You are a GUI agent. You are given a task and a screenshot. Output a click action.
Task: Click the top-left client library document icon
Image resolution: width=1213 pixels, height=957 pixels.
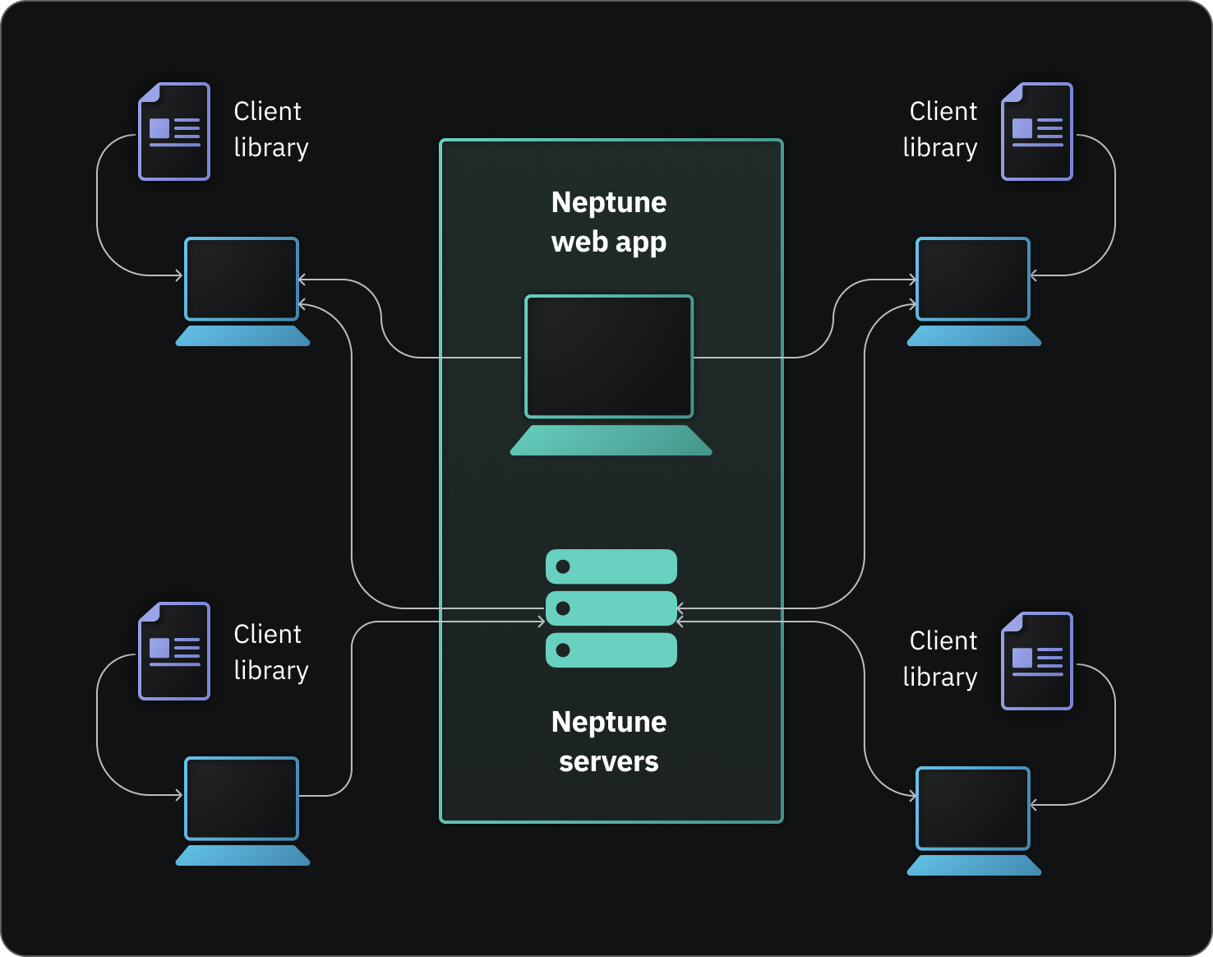(x=174, y=132)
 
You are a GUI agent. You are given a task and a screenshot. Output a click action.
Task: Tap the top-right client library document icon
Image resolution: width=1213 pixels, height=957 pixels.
(x=1037, y=132)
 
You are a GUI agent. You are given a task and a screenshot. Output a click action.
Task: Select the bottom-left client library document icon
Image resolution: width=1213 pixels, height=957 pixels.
(x=174, y=651)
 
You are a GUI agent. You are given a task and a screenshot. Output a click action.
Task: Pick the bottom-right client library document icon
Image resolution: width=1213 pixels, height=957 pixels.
(x=1037, y=661)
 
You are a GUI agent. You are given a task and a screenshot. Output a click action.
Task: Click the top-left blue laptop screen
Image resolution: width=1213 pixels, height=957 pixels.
(x=242, y=279)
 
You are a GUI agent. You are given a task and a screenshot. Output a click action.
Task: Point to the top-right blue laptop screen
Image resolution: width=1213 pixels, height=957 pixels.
(x=973, y=279)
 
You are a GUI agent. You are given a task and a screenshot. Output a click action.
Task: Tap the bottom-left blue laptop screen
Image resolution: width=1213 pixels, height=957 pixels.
(x=242, y=798)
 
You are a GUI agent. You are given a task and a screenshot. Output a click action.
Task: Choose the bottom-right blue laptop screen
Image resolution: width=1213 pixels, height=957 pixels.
(x=973, y=808)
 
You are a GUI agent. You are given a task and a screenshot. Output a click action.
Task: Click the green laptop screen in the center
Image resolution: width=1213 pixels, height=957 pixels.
(x=609, y=357)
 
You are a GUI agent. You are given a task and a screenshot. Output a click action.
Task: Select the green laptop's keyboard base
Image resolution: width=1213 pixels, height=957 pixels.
(x=611, y=441)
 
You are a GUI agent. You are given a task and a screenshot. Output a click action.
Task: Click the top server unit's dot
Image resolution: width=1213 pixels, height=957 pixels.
(x=563, y=566)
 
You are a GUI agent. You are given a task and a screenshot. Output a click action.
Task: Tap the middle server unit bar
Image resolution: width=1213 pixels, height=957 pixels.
(x=611, y=608)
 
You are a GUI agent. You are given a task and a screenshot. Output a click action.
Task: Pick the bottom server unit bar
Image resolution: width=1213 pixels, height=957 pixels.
(x=611, y=650)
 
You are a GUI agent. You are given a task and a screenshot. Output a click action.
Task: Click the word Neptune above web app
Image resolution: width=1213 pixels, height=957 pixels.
(x=609, y=202)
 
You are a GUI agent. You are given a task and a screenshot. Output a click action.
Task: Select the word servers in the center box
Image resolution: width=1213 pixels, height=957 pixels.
(x=609, y=761)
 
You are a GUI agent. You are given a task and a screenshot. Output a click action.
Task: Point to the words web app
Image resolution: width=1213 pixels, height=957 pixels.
(x=609, y=243)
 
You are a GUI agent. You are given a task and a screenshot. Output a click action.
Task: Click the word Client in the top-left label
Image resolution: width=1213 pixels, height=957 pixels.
(x=267, y=111)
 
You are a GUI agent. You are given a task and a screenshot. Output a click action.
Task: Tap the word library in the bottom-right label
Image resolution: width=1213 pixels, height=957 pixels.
(x=940, y=677)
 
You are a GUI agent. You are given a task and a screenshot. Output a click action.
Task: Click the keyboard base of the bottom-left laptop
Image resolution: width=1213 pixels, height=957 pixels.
(x=243, y=856)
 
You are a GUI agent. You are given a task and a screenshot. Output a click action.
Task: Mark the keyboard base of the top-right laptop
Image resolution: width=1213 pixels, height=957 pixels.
(x=974, y=336)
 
